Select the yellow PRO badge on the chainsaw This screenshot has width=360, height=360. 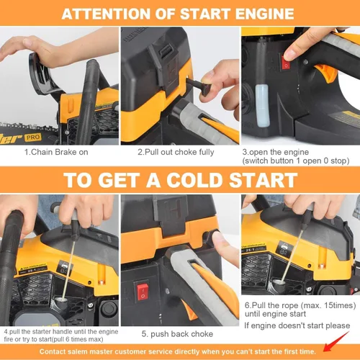[33, 138]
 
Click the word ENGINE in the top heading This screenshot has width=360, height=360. [264, 14]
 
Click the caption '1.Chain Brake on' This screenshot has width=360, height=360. [56, 152]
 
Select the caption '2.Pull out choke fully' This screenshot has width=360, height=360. [176, 152]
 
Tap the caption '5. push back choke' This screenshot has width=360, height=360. [177, 334]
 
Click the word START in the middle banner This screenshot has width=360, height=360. [264, 180]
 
